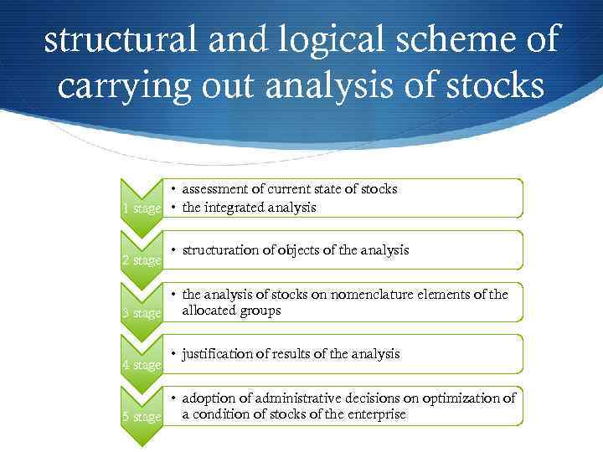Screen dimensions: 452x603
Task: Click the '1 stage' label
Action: pos(141,208)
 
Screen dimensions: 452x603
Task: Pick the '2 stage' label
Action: pos(141,260)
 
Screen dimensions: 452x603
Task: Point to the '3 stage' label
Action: pos(141,313)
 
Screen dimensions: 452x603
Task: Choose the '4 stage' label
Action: pos(141,365)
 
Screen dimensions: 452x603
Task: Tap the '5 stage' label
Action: pos(141,417)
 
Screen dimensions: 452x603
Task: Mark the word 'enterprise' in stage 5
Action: pos(375,414)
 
